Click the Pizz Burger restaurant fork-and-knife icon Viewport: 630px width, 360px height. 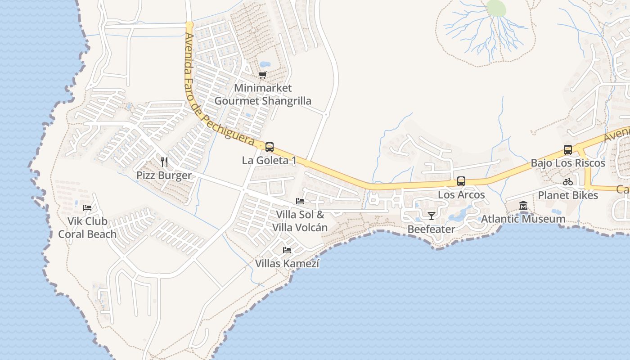164,162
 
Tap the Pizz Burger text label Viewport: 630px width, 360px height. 164,175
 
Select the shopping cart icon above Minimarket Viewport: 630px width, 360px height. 263,75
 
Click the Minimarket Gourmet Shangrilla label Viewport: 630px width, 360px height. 263,94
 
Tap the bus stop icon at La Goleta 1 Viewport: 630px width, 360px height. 270,147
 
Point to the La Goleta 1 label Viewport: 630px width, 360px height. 269,160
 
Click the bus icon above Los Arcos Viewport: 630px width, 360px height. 461,181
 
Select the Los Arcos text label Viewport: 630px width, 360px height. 461,195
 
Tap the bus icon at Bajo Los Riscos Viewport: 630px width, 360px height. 568,149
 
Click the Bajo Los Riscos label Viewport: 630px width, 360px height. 568,163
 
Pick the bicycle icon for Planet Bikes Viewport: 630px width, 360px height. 568,182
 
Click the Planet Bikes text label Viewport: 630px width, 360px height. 568,195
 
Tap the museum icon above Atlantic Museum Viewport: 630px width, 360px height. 523,206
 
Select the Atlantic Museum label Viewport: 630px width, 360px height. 523,219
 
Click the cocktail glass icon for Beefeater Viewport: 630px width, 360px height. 431,216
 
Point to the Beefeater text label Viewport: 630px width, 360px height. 431,229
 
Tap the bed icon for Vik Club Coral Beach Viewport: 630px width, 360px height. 88,207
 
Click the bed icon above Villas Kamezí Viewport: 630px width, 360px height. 287,250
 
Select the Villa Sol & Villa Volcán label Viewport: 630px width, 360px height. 300,221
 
